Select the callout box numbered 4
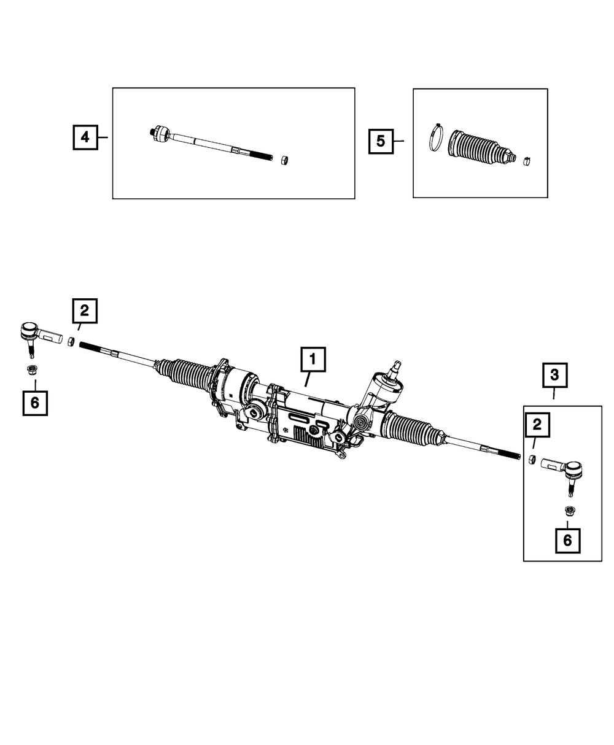coord(85,137)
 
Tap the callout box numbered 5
coord(381,141)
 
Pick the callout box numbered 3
coord(554,374)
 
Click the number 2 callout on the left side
coord(85,311)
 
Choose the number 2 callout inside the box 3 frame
coord(537,423)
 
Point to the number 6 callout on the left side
coord(35,403)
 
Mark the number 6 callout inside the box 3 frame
coord(567,540)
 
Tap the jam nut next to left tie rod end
coord(71,341)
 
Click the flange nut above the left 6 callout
coord(31,370)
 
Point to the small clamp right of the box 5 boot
coord(526,161)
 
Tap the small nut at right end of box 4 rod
coord(284,160)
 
